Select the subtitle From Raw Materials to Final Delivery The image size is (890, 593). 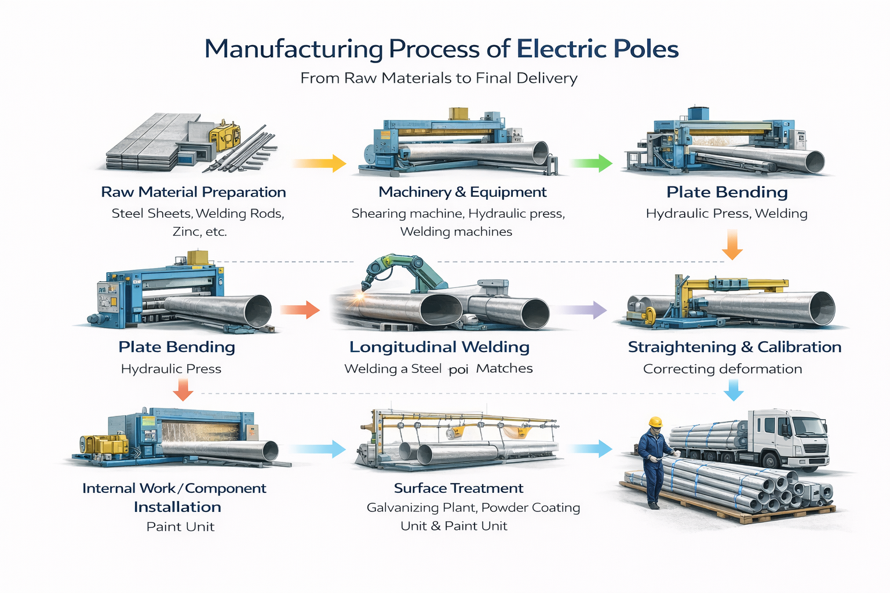pos(439,78)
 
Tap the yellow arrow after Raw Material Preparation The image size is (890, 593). pos(320,163)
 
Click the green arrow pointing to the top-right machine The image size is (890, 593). pos(592,163)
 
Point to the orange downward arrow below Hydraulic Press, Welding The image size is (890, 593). pos(732,244)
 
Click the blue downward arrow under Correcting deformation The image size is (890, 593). pos(734,390)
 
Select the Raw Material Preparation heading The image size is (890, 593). pos(194,192)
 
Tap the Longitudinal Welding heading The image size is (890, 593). pos(439,347)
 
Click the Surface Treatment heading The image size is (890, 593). pos(458,488)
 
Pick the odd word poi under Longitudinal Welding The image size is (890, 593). pos(458,369)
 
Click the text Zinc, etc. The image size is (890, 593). pos(199,232)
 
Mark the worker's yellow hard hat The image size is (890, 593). pos(655,422)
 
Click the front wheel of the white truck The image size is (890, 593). pos(771,460)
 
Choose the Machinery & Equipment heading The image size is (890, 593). pos(462,192)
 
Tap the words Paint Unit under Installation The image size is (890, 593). pos(180,527)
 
